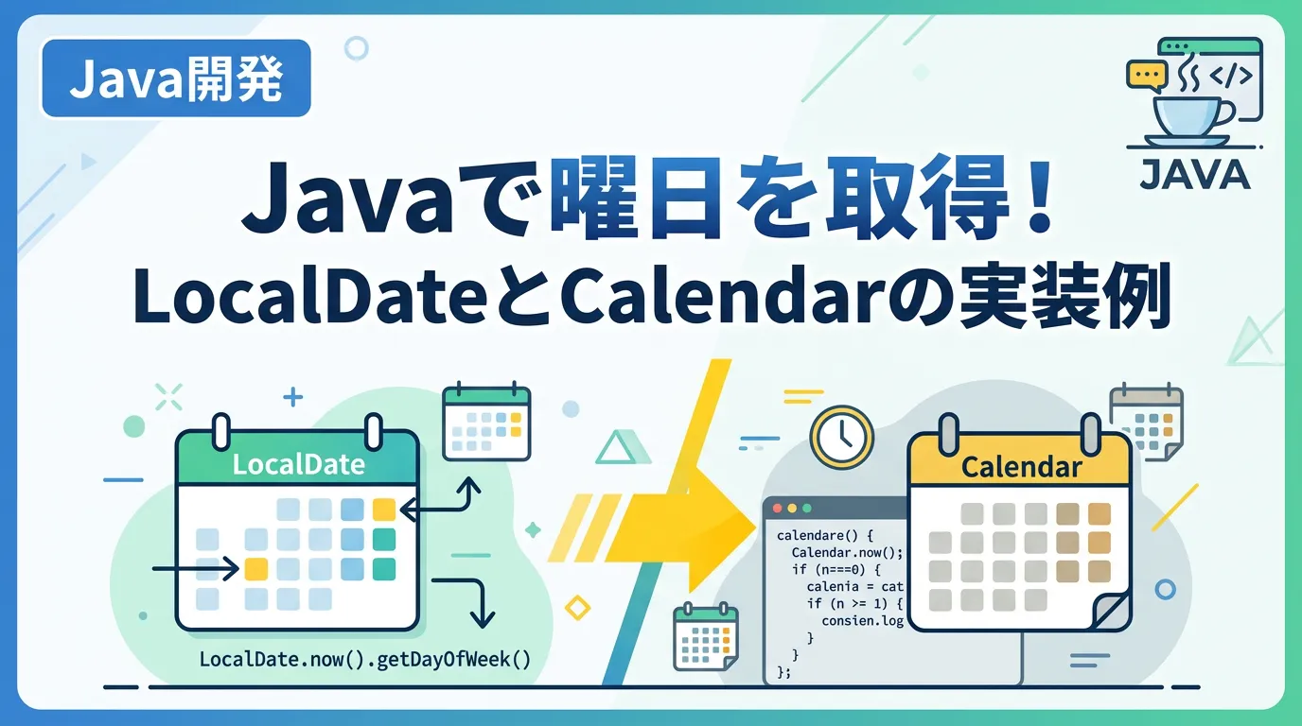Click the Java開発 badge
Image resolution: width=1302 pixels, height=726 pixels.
[176, 78]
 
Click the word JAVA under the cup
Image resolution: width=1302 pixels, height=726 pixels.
[1195, 175]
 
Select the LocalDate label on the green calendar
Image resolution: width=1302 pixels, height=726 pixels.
[299, 465]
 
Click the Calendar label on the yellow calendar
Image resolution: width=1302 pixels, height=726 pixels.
[1021, 467]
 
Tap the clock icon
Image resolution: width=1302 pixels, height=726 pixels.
[841, 438]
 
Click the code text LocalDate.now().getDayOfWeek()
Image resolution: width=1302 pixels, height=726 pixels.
[365, 660]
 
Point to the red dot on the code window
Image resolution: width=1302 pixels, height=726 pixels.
[777, 509]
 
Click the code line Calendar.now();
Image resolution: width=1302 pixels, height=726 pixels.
[848, 552]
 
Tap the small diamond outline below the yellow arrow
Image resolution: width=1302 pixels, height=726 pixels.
[577, 608]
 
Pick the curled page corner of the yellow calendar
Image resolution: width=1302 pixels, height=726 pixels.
[1112, 611]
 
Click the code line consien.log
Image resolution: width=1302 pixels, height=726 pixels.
[863, 621]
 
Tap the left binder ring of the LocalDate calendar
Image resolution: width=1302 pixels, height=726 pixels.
[221, 431]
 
